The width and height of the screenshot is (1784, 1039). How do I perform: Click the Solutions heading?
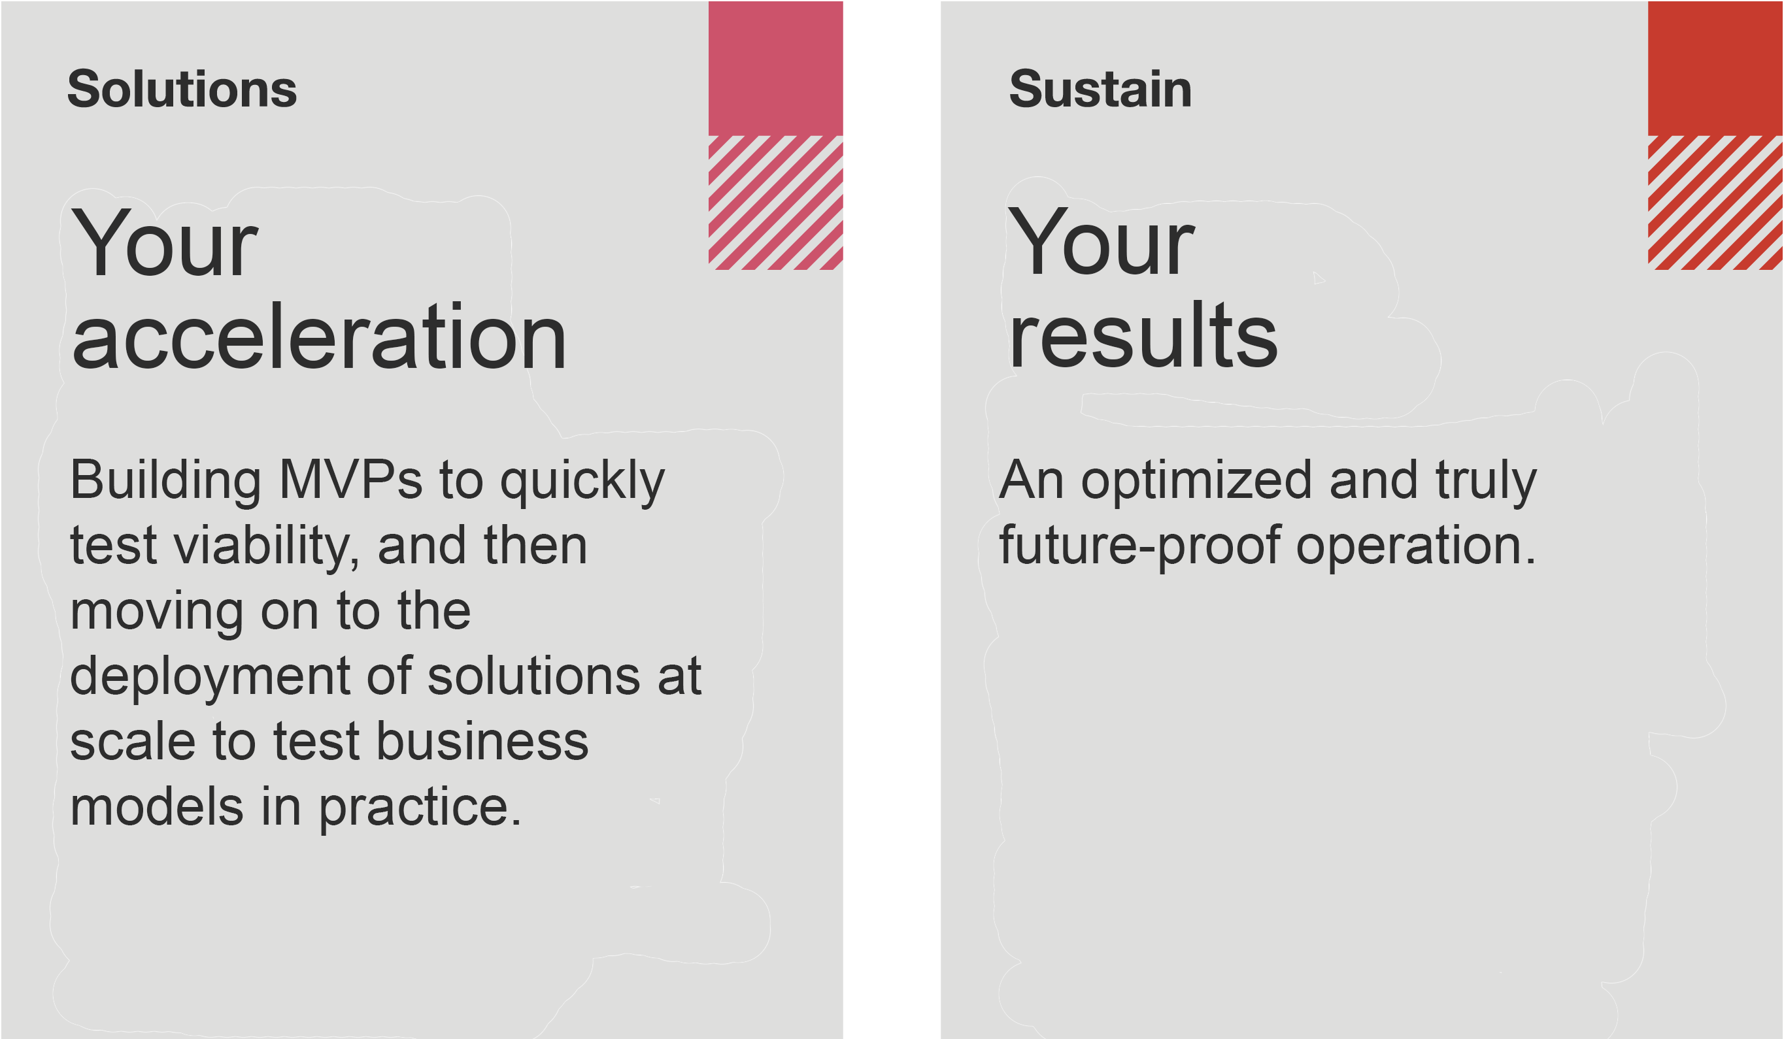click(182, 90)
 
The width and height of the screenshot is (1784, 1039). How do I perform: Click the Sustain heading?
click(1100, 90)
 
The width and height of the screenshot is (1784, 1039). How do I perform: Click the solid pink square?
click(775, 68)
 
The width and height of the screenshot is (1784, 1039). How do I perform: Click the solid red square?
click(1715, 68)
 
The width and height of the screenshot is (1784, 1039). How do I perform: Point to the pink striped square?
click(775, 203)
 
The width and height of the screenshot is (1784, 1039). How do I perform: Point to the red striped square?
click(1715, 203)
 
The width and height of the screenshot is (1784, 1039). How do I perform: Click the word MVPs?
click(351, 480)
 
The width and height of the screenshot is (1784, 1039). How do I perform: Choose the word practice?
click(420, 809)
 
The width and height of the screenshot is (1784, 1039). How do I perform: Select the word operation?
click(1416, 547)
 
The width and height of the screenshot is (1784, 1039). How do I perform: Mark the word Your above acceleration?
click(164, 243)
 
